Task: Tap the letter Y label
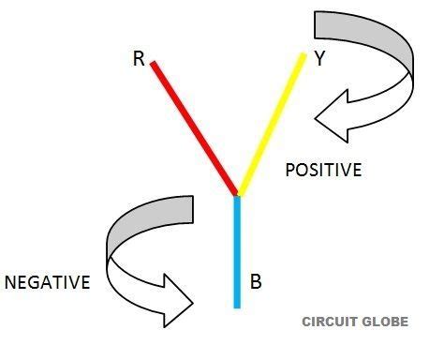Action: [x=319, y=59]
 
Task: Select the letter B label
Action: [x=256, y=279]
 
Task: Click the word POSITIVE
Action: [x=323, y=171]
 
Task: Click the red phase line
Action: [x=194, y=128]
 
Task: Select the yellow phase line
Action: [x=271, y=125]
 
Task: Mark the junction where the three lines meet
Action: [x=238, y=195]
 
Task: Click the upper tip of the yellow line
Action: [x=303, y=55]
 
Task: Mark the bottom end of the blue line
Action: [x=238, y=306]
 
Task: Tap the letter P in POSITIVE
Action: [x=289, y=171]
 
